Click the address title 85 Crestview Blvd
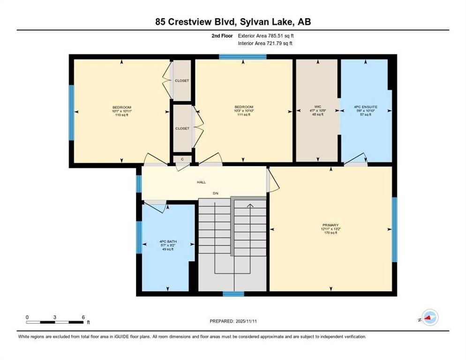click(233, 22)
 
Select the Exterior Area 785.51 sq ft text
click(266, 36)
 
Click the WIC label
click(317, 107)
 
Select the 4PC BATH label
click(168, 242)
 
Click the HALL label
click(201, 182)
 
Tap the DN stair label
click(215, 194)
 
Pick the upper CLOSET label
click(182, 81)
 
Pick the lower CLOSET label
click(182, 128)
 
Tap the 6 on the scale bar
click(83, 317)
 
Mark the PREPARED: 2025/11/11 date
click(233, 321)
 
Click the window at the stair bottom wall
click(233, 294)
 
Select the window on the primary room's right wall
click(394, 230)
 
